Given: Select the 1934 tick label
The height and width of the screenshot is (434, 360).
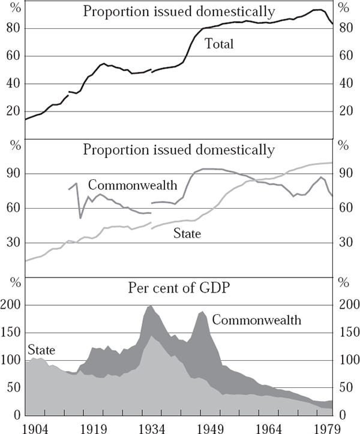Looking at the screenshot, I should point(152,427).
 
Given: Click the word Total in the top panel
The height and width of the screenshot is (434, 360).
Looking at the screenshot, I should point(219,44).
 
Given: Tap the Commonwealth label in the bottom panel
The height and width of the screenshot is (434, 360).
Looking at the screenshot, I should point(256,320).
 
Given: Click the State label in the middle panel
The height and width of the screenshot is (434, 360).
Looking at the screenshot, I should point(188,234).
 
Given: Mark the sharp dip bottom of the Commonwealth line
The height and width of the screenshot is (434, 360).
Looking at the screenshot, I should point(81,217).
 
